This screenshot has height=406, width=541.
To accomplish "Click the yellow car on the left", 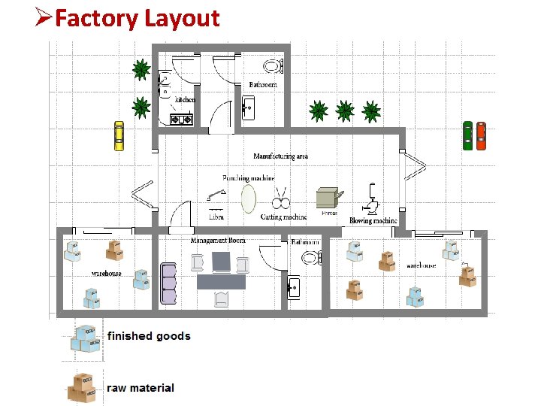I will click(x=118, y=135).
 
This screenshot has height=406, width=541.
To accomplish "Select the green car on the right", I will click(x=467, y=135).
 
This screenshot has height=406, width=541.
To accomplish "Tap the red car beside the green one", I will click(x=482, y=135).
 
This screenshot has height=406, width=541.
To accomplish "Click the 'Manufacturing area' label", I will click(x=281, y=156).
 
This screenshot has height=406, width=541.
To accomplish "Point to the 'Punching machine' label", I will click(x=248, y=178).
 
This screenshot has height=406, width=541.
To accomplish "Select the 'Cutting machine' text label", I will click(x=283, y=217).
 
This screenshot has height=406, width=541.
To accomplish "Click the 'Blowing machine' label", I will click(x=373, y=221).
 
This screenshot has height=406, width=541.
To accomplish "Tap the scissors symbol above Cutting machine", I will click(x=282, y=201).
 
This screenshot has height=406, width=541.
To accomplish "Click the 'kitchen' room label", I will click(x=185, y=99).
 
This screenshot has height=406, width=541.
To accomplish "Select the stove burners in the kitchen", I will click(x=182, y=118).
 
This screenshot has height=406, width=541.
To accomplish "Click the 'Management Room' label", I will click(x=218, y=241).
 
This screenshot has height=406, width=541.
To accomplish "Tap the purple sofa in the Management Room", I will click(x=169, y=284).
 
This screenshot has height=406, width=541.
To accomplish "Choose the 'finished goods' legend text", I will click(x=149, y=336).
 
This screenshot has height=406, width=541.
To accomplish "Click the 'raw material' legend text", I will click(x=141, y=388).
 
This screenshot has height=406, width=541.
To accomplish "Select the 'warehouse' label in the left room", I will click(x=106, y=273).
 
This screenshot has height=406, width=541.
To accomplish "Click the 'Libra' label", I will click(x=216, y=217).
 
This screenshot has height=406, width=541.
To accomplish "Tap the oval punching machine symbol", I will click(x=248, y=199).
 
